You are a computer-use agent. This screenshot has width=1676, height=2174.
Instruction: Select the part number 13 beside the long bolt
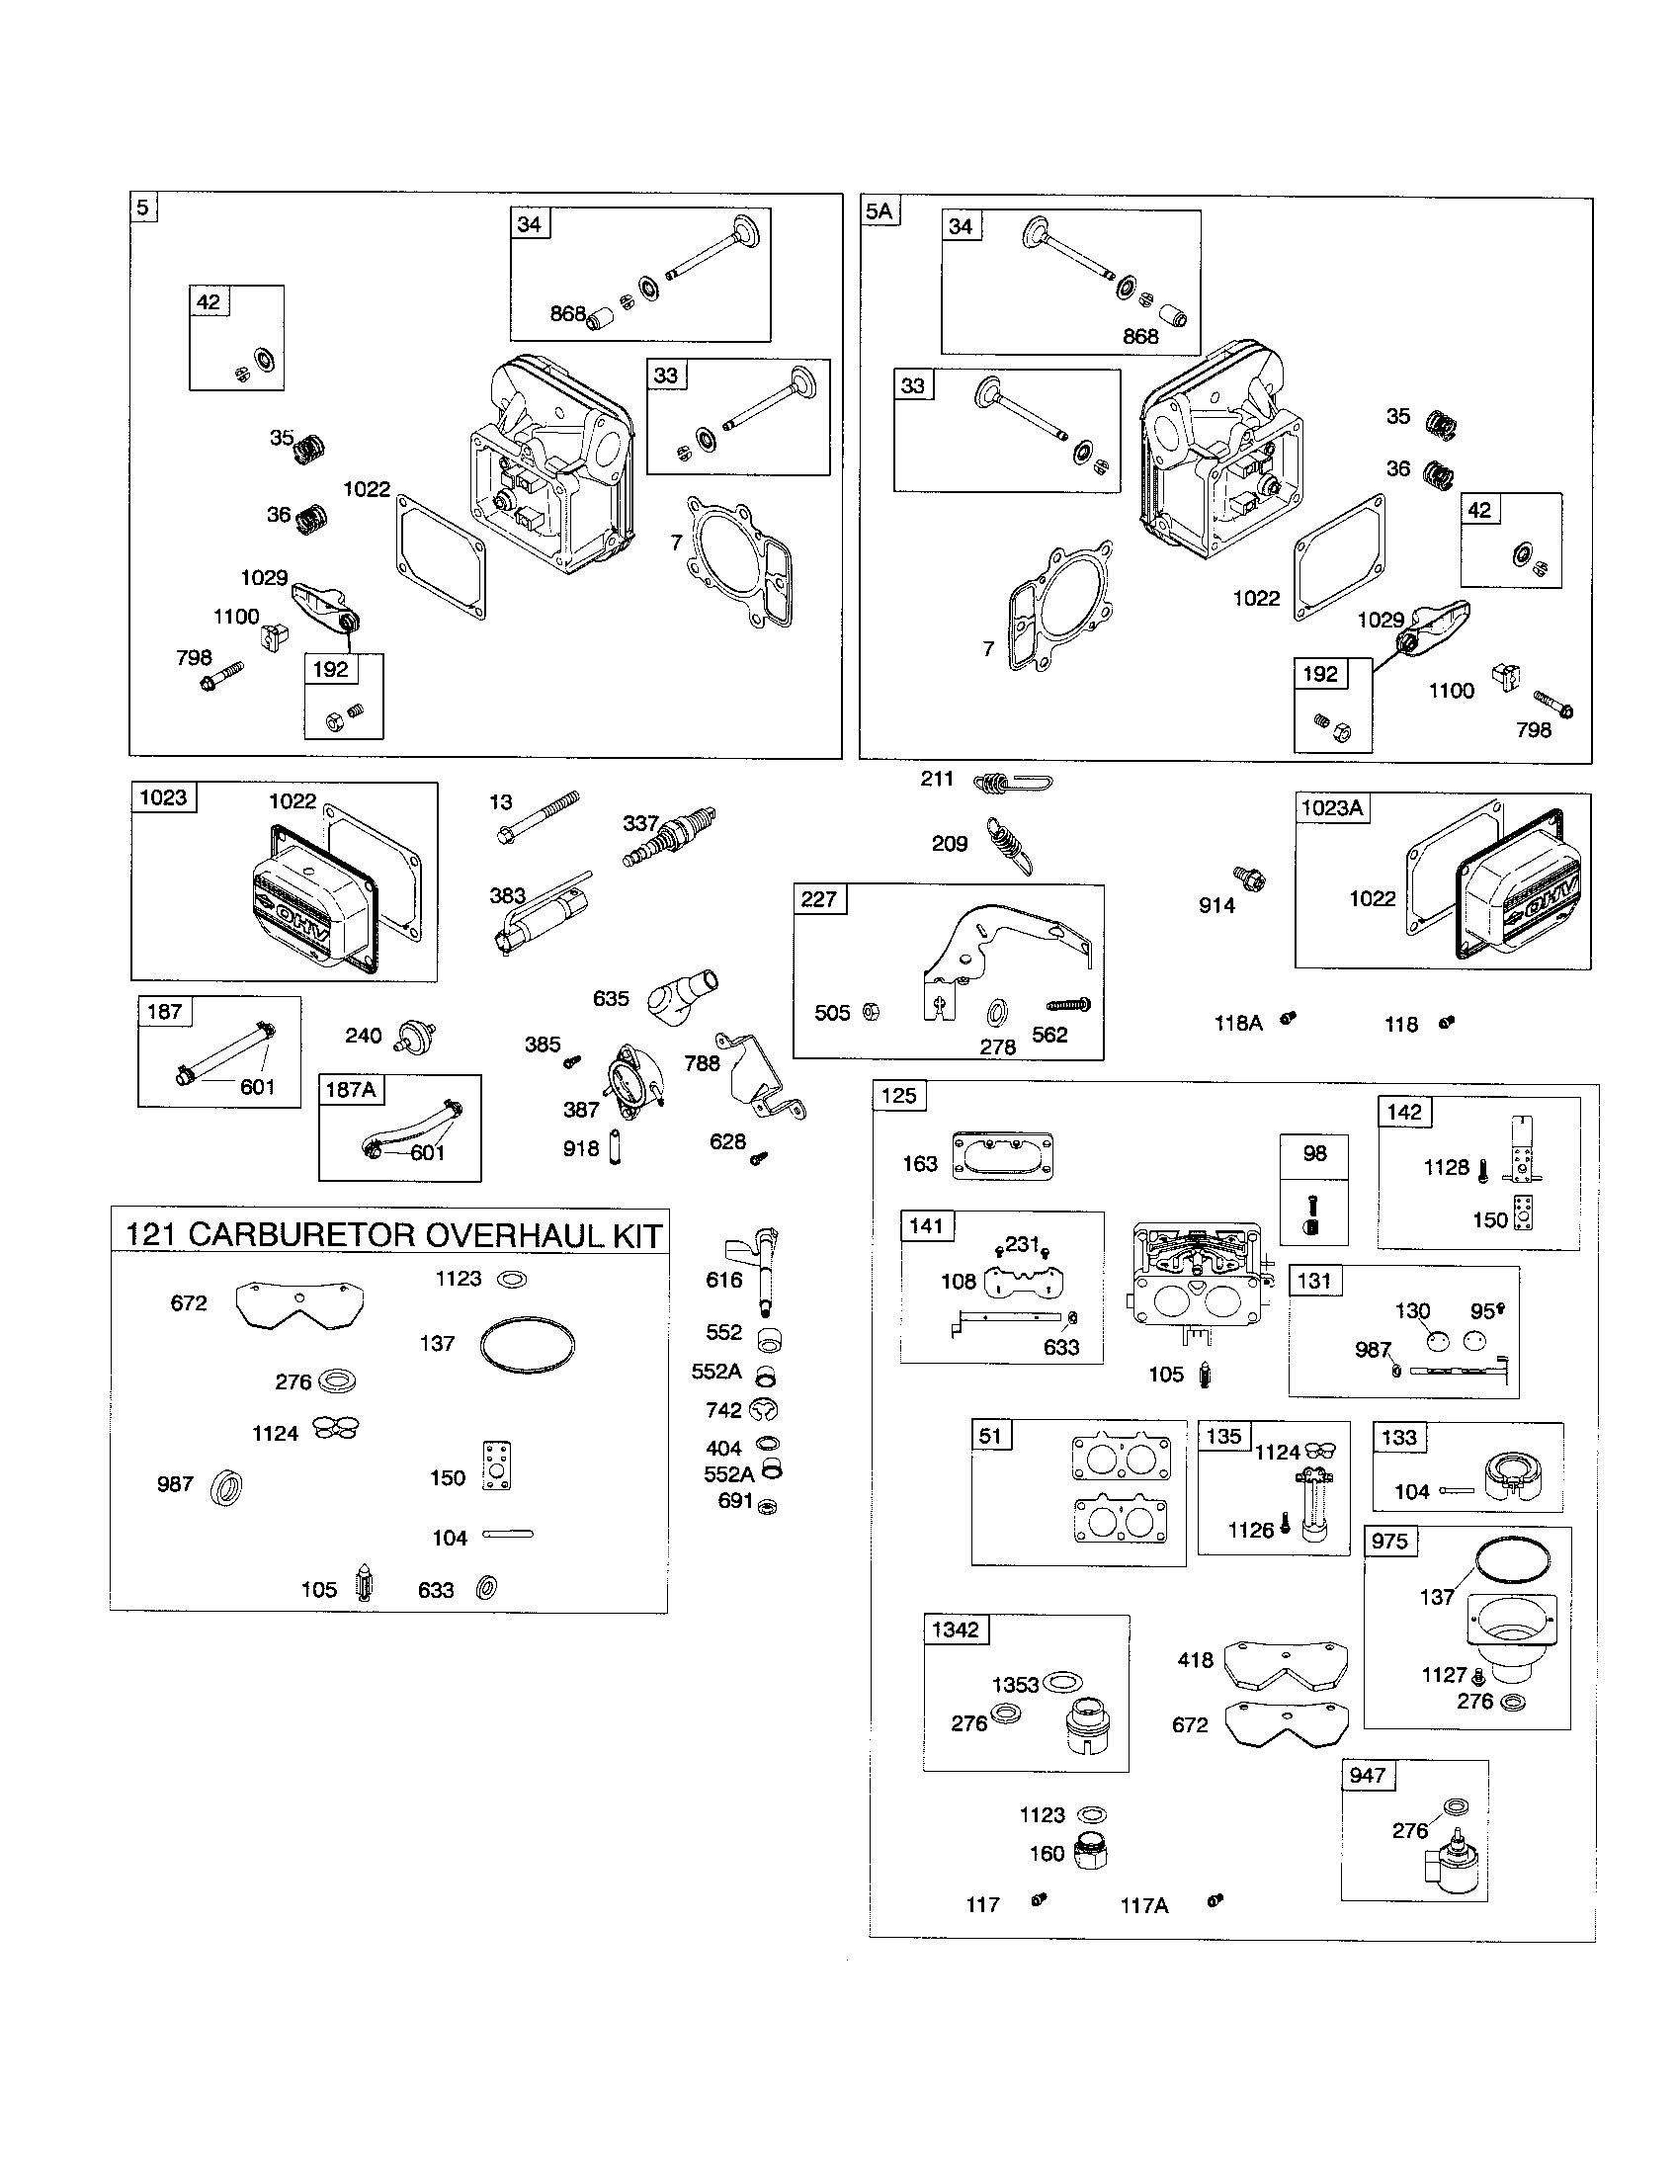click(501, 802)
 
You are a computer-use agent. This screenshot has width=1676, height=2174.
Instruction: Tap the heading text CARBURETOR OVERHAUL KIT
click(424, 1235)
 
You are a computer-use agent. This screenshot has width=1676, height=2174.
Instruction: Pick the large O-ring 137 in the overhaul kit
click(527, 1347)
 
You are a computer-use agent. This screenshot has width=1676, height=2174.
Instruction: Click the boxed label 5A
click(880, 211)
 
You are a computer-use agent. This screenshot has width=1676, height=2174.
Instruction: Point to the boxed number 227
click(819, 899)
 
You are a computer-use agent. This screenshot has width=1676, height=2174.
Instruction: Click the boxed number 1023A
click(1332, 807)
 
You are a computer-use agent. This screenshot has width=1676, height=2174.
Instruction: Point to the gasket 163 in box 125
click(1002, 1156)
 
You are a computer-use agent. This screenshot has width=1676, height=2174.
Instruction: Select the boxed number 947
click(1368, 1775)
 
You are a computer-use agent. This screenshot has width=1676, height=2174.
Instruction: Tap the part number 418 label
click(1195, 1659)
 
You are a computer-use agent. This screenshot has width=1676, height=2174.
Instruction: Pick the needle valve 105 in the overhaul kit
click(365, 1587)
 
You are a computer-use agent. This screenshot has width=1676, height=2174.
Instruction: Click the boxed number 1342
click(955, 1630)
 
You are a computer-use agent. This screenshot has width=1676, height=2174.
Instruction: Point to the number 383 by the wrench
click(507, 895)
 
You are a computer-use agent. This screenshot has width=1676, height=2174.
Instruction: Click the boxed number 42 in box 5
click(209, 301)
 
